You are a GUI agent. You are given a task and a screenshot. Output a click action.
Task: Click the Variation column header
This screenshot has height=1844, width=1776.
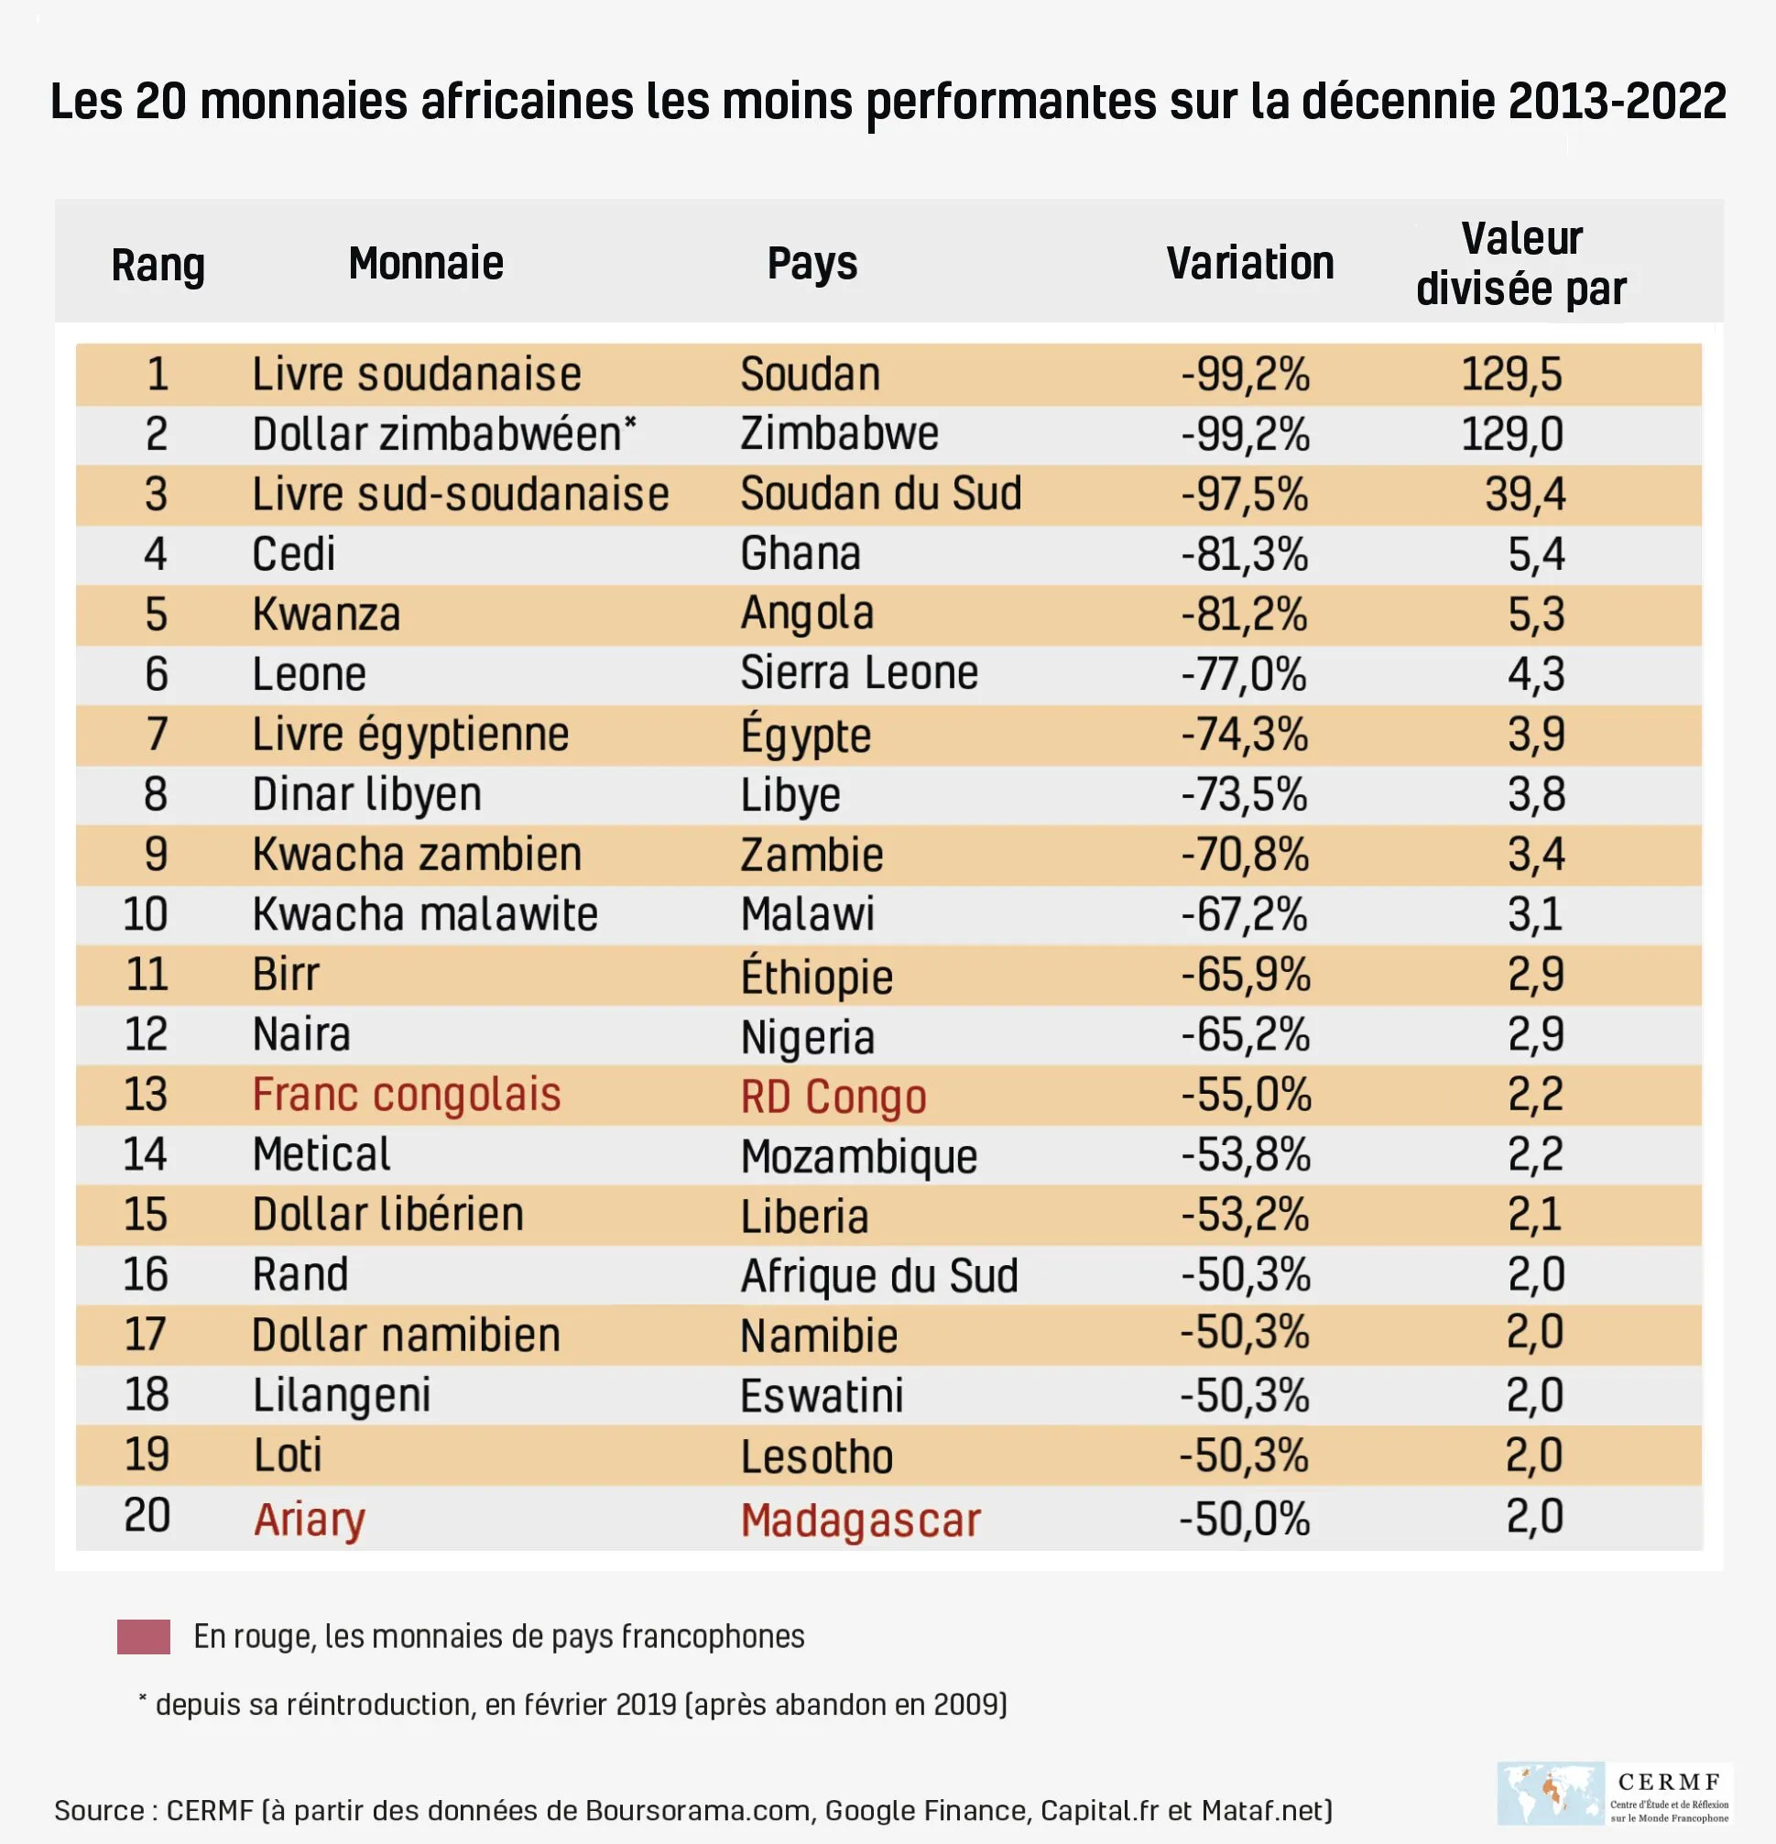click(1249, 264)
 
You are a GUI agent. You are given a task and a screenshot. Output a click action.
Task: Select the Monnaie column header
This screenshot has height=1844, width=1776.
click(425, 264)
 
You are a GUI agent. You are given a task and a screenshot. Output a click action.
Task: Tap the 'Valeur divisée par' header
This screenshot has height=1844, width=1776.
click(1521, 265)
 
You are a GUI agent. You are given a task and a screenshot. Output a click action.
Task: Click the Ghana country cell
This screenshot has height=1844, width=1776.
click(800, 554)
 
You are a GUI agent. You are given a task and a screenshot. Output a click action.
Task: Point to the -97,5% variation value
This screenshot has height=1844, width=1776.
click(1245, 495)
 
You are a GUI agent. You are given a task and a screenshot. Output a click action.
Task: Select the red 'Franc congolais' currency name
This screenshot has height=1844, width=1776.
click(407, 1095)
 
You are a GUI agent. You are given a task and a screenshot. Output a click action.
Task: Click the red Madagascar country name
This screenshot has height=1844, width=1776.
click(860, 1521)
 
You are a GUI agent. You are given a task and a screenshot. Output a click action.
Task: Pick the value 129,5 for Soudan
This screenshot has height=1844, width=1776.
click(1510, 375)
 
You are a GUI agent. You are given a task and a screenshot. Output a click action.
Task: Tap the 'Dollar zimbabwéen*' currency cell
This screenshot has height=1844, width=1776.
click(444, 434)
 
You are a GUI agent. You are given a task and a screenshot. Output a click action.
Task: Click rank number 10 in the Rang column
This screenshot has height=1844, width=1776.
click(146, 914)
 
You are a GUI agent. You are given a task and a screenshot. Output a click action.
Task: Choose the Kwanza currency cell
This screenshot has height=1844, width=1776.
click(325, 615)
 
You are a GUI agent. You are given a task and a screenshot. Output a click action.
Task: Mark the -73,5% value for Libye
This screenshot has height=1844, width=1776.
click(1244, 795)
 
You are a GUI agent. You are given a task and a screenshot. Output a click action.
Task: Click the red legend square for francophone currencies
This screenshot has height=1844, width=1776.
click(143, 1637)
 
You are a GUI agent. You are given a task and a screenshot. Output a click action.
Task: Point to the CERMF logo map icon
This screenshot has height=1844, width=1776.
click(1549, 1793)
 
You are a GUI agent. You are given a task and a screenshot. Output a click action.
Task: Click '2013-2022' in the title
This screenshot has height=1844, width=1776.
click(1617, 102)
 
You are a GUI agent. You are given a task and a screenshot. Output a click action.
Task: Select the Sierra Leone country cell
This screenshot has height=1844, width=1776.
click(859, 673)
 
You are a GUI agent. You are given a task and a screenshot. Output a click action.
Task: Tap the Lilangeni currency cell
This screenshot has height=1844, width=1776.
click(342, 1395)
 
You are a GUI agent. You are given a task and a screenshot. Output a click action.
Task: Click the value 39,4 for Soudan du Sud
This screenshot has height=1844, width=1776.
click(1525, 495)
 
